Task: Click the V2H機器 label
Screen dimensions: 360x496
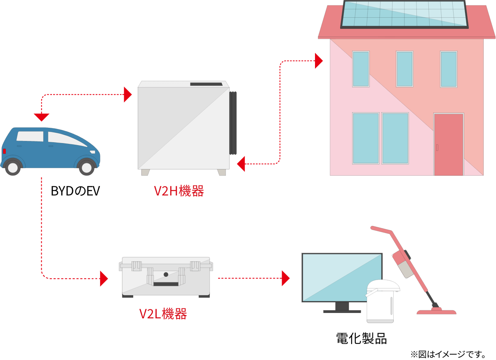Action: (x=179, y=191)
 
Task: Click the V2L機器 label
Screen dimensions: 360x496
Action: (x=163, y=314)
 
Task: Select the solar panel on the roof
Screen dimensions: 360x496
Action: (x=404, y=15)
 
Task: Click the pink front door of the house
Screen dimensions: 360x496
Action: (x=449, y=144)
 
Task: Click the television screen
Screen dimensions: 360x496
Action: (x=342, y=277)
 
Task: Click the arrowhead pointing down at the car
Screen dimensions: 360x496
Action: (x=42, y=118)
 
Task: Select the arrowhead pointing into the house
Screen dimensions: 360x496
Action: (x=319, y=61)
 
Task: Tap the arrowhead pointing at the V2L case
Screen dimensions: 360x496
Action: (x=104, y=279)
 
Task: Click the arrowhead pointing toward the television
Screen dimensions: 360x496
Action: (x=285, y=278)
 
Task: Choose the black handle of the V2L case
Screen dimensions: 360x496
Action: (x=166, y=284)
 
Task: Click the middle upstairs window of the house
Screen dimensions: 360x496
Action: (x=404, y=69)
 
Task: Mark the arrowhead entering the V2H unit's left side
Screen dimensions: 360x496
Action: (x=128, y=95)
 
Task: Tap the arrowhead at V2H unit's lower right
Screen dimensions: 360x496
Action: (x=241, y=164)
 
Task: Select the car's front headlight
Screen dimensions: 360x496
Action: (x=93, y=152)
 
